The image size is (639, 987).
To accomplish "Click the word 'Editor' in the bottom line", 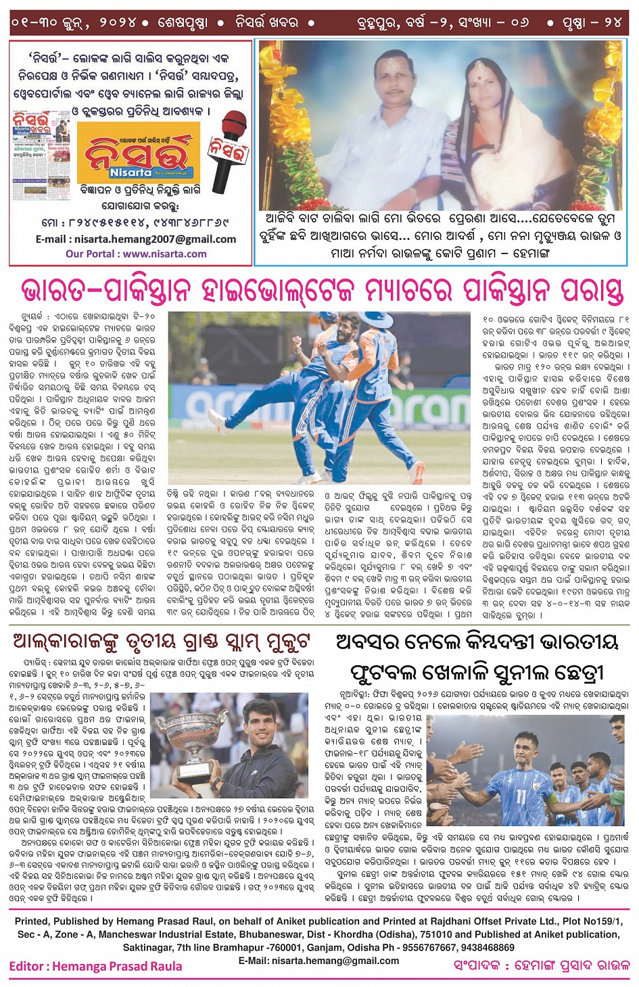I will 28,966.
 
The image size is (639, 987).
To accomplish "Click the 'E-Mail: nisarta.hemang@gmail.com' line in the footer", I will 318,961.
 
